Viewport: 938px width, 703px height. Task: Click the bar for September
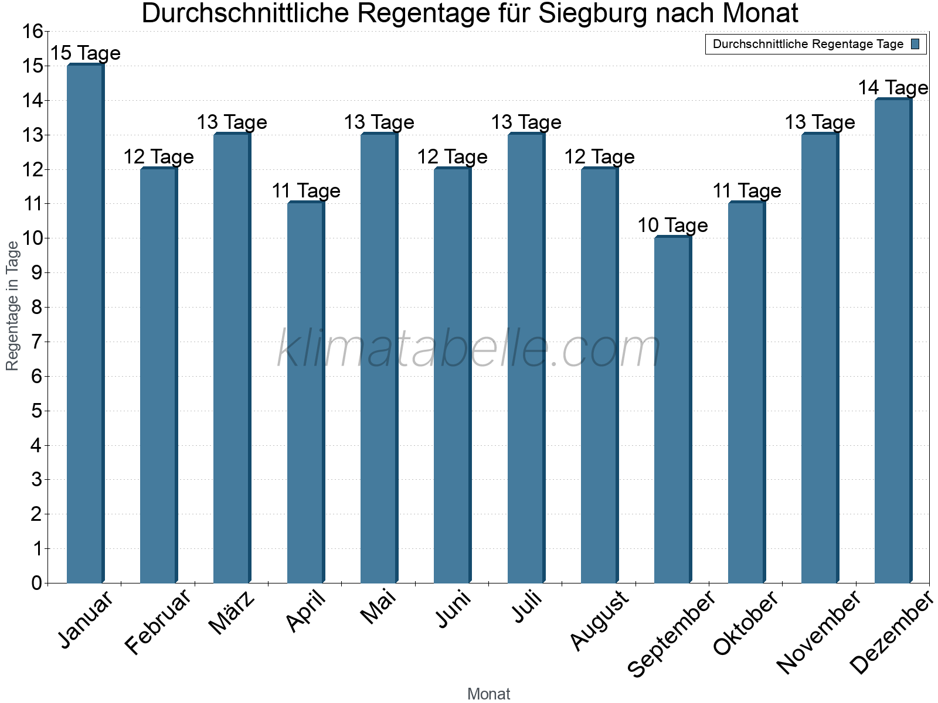672,410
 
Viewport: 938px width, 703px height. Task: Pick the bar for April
305,393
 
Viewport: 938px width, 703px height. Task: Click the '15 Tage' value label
86,53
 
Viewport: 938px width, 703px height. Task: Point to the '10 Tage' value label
672,226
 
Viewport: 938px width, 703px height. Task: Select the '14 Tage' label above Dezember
893,88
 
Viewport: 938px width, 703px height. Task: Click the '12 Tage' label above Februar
158,157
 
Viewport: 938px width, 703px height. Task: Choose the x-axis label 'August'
599,620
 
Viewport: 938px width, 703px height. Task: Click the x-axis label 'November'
818,632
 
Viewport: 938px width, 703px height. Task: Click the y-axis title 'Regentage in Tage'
12,306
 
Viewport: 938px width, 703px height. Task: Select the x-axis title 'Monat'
488,694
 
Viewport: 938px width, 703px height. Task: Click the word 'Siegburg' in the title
593,13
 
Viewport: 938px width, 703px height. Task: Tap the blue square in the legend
915,44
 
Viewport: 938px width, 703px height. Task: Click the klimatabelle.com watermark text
469,349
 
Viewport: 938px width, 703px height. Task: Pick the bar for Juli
526,358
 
